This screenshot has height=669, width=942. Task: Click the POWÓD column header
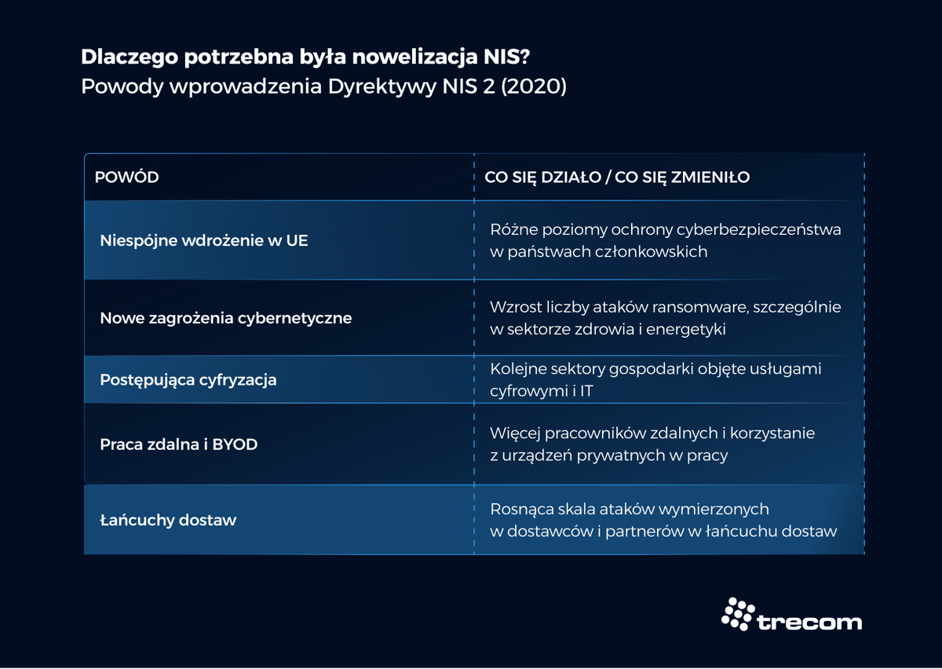(126, 177)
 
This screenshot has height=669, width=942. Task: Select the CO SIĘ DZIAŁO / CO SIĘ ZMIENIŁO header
(617, 177)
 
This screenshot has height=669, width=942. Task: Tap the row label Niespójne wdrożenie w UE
(203, 240)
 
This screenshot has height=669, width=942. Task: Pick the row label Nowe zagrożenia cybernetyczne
(225, 318)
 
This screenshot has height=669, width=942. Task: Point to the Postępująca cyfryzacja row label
(188, 380)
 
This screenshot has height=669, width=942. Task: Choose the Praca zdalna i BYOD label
(178, 444)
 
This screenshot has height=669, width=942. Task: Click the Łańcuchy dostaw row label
(168, 520)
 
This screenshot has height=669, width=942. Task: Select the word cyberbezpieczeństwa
(752, 229)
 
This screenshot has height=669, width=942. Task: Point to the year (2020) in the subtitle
(533, 86)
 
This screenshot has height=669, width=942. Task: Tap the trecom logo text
(809, 622)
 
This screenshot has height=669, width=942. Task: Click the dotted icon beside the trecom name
(737, 614)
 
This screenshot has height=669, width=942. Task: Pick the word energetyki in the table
(688, 329)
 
